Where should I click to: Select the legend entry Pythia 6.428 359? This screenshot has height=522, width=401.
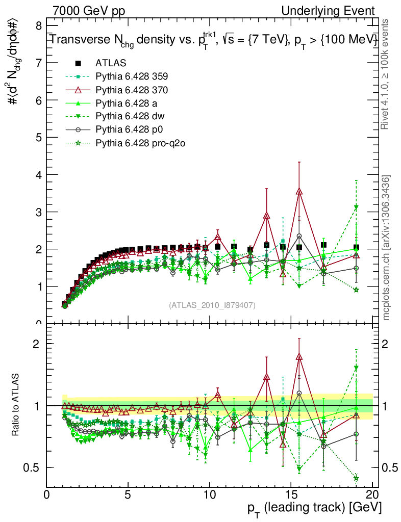pyautogui.click(x=131, y=76)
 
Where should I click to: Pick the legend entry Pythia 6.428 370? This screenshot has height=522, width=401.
pyautogui.click(x=131, y=90)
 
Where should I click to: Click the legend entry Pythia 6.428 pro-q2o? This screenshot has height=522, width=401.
pyautogui.click(x=139, y=143)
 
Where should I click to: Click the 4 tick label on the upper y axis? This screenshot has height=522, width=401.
pyautogui.click(x=38, y=175)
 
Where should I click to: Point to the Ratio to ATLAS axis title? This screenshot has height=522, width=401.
pyautogui.click(x=16, y=405)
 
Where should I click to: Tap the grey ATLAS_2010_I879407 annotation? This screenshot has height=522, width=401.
pyautogui.click(x=212, y=305)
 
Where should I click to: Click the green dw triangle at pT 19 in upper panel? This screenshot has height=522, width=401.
pyautogui.click(x=356, y=207)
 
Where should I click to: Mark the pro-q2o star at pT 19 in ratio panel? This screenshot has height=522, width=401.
pyautogui.click(x=356, y=478)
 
